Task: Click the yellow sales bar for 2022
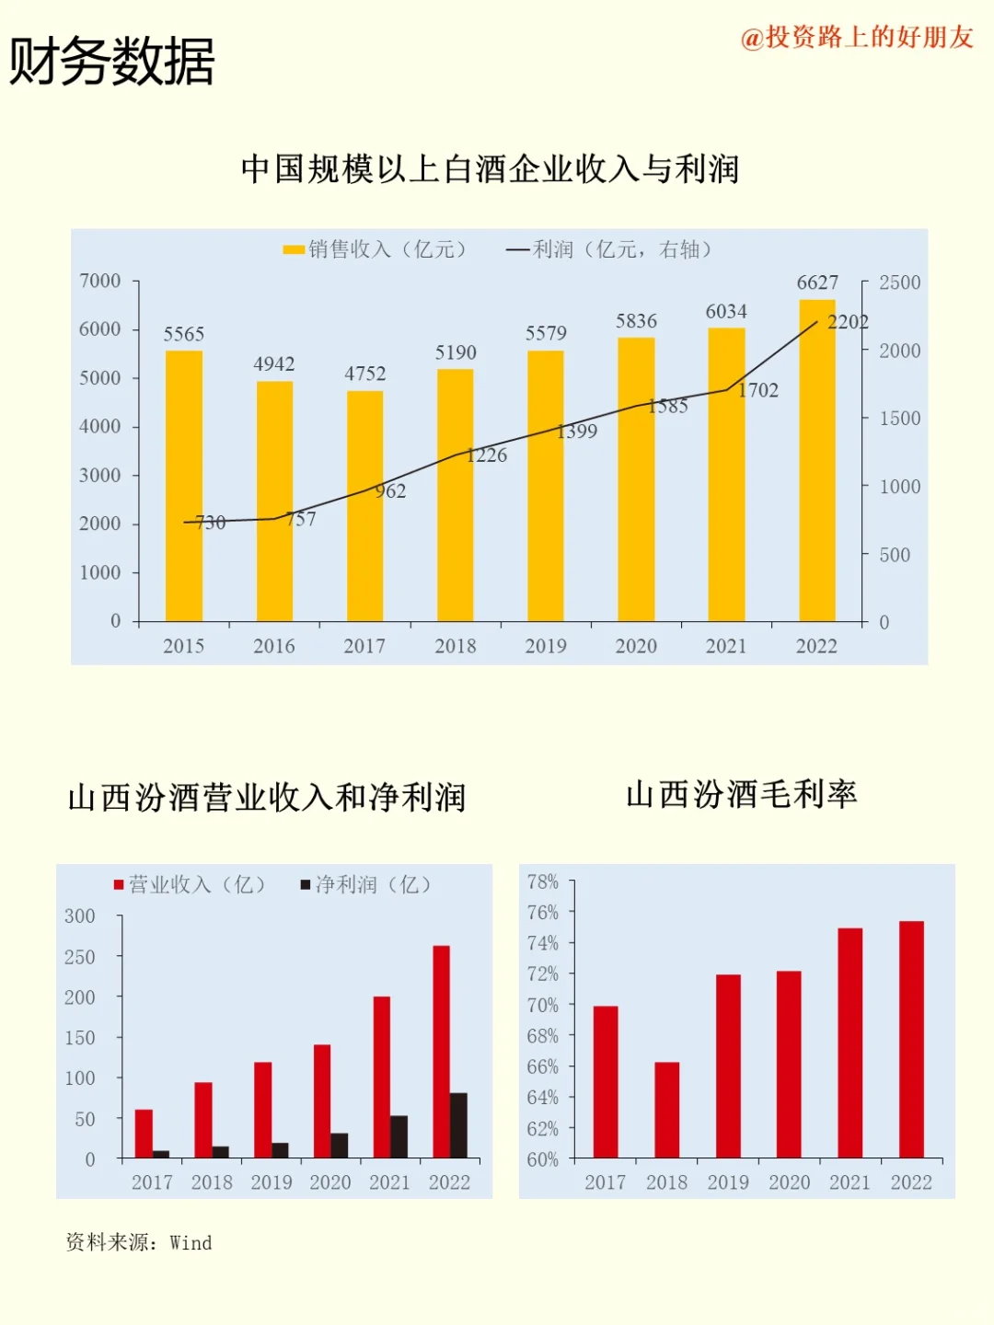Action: pyautogui.click(x=816, y=460)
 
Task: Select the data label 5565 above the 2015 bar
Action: pyautogui.click(x=184, y=334)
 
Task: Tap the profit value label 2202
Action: pyautogui.click(x=848, y=322)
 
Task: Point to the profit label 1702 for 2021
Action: pyautogui.click(x=758, y=390)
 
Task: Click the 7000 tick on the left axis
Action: pyautogui.click(x=99, y=281)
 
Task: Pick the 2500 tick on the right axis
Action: pyautogui.click(x=899, y=282)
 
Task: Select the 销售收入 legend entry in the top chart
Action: pyautogui.click(x=375, y=249)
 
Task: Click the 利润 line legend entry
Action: pyautogui.click(x=609, y=249)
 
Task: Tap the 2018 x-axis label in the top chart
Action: pyautogui.click(x=456, y=646)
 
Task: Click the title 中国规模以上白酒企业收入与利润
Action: pyautogui.click(x=490, y=169)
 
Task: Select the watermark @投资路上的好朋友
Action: pyautogui.click(x=857, y=37)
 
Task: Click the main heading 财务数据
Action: pyautogui.click(x=111, y=62)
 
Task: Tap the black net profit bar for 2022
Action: pyautogui.click(x=458, y=1124)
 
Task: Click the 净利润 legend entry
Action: pyautogui.click(x=366, y=884)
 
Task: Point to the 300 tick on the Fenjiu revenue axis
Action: pyautogui.click(x=80, y=916)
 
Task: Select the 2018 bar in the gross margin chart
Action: pyautogui.click(x=666, y=1110)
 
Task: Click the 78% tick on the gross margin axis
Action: pyautogui.click(x=542, y=881)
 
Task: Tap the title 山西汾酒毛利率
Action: pyautogui.click(x=741, y=794)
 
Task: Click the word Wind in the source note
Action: pyautogui.click(x=191, y=1243)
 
